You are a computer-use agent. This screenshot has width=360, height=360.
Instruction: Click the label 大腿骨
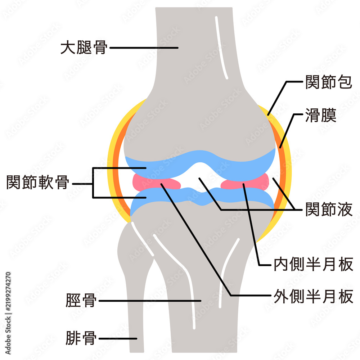(84, 48)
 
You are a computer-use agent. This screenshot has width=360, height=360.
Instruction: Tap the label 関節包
(329, 82)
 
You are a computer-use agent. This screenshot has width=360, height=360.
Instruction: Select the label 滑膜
(321, 115)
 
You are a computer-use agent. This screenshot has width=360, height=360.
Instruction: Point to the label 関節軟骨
(38, 182)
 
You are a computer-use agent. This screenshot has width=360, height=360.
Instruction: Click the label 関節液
(329, 209)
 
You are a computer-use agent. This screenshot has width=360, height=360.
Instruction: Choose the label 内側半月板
(314, 264)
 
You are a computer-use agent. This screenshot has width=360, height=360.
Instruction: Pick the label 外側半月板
(314, 296)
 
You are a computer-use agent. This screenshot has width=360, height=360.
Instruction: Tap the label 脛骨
(81, 300)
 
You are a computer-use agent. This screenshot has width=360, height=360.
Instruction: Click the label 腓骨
(81, 338)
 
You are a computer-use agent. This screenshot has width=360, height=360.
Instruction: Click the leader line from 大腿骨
(144, 48)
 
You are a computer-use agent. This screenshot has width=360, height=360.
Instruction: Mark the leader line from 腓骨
(118, 338)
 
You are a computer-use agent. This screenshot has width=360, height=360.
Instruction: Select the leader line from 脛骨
(150, 301)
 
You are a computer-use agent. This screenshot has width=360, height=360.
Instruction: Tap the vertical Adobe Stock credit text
(8, 313)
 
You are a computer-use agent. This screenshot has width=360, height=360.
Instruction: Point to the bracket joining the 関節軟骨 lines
(93, 183)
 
